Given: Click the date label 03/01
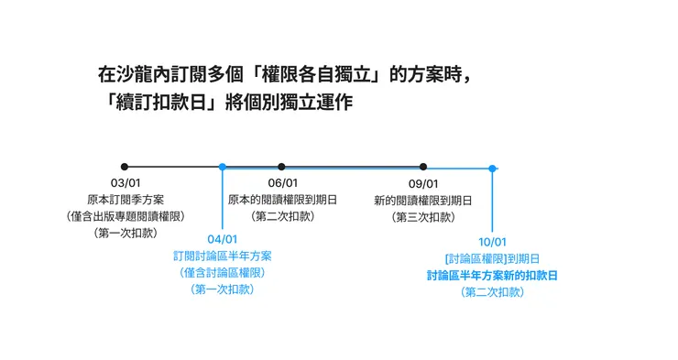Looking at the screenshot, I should pyautogui.click(x=126, y=183).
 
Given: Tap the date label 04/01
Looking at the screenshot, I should pyautogui.click(x=222, y=240).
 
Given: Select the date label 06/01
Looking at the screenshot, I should pyautogui.click(x=282, y=183).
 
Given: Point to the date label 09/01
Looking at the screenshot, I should pyautogui.click(x=423, y=183).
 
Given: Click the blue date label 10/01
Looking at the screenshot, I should pyautogui.click(x=492, y=242).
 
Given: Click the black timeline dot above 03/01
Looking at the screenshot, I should pyautogui.click(x=126, y=167).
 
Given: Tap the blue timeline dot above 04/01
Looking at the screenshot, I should pyautogui.click(x=222, y=167).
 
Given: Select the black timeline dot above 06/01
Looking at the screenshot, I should pyautogui.click(x=281, y=167).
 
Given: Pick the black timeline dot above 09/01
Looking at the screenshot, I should pyautogui.click(x=423, y=167).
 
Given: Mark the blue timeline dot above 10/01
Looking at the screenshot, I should pyautogui.click(x=492, y=169).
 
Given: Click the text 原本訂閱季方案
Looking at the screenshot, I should pyautogui.click(x=126, y=200).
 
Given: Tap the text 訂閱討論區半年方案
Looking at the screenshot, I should pyautogui.click(x=222, y=256).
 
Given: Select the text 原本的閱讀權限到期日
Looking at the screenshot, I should pyautogui.click(x=282, y=200).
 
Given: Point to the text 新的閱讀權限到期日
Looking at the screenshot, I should pyautogui.click(x=423, y=200).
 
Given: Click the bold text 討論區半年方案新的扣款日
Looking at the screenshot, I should pyautogui.click(x=492, y=275).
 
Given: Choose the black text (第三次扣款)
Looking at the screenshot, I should pyautogui.click(x=423, y=216).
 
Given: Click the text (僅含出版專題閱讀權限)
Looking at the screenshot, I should pyautogui.click(x=126, y=216).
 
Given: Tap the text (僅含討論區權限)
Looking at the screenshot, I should pyautogui.click(x=222, y=272).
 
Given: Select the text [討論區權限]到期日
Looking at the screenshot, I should pyautogui.click(x=492, y=258).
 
